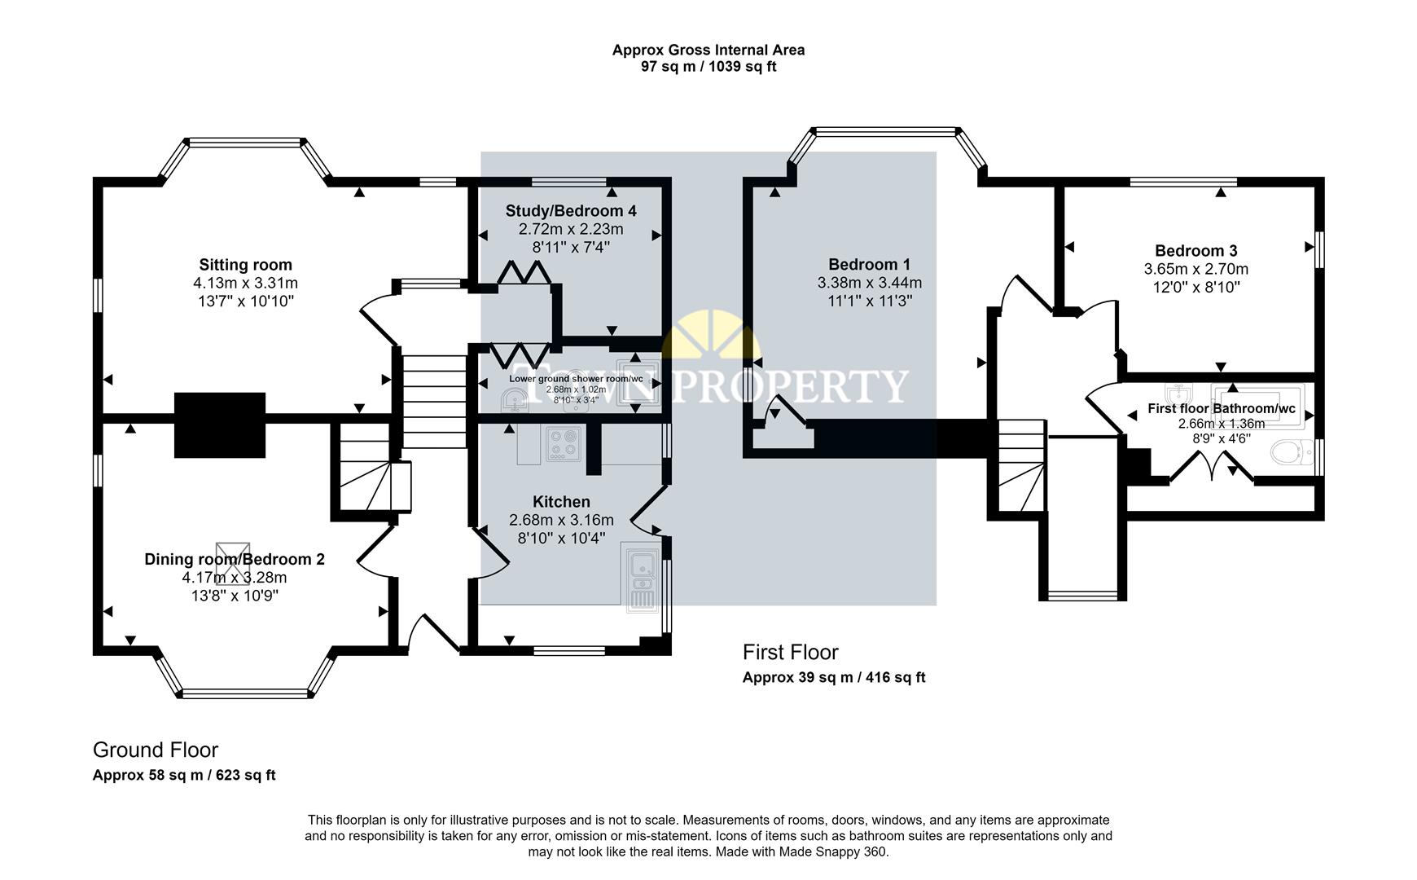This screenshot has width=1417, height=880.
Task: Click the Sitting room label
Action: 245,265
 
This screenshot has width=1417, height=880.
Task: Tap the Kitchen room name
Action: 561,502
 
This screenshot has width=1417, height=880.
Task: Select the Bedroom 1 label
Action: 869,265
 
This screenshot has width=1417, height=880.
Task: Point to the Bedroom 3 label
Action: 1195,251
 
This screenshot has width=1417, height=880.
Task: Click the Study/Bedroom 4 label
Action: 571,211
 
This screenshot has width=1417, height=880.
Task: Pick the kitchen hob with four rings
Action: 561,445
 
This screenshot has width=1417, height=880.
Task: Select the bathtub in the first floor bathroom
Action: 1257,405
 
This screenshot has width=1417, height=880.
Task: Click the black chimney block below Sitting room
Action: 220,425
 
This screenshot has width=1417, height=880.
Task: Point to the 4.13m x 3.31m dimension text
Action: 245,284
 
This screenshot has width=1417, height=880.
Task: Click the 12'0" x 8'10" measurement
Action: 1195,288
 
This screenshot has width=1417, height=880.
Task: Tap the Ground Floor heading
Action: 156,750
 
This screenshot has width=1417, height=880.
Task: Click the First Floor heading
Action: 790,652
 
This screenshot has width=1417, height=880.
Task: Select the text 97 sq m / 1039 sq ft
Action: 708,67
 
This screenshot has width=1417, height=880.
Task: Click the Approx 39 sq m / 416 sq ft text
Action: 834,677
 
